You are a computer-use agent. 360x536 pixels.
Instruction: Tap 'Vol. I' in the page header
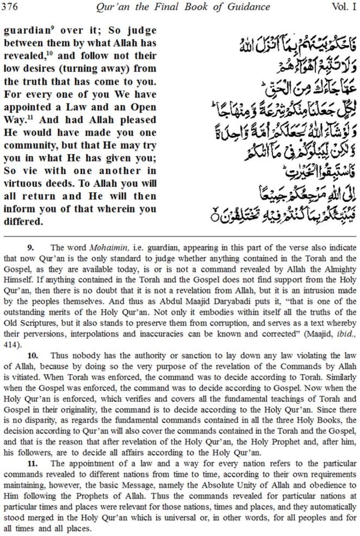coord(344,7)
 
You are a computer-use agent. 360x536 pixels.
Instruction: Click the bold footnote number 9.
coord(30,247)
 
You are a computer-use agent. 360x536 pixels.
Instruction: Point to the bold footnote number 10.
coord(32,355)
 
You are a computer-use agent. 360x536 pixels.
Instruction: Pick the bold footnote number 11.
coord(32,463)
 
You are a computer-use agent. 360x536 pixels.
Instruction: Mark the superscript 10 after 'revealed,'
coord(49,53)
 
